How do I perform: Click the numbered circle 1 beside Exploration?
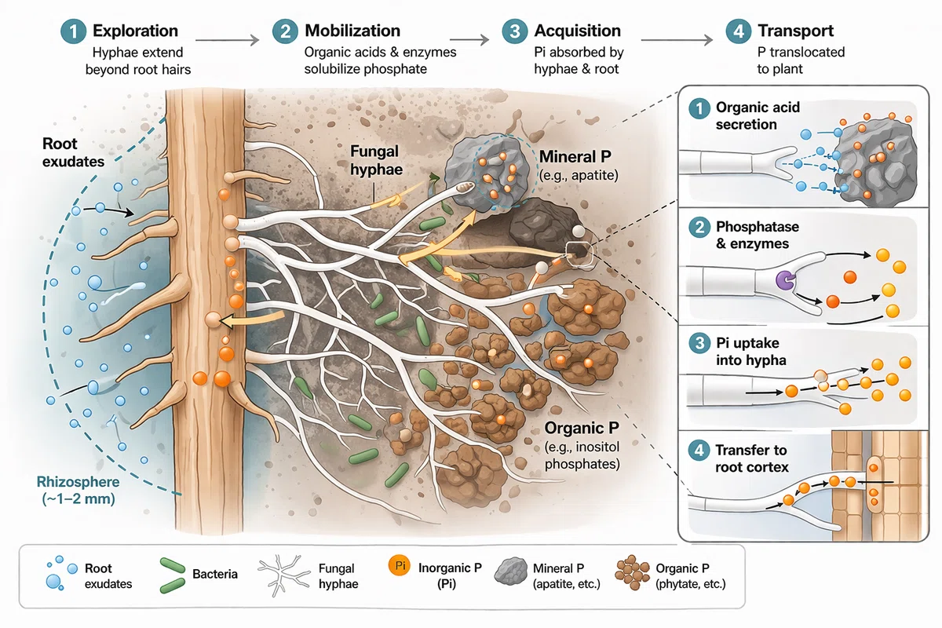(x=74, y=31)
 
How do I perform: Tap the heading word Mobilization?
(x=352, y=31)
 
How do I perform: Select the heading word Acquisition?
(x=578, y=31)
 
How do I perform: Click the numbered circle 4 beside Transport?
(x=739, y=31)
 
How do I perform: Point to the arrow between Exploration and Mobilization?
(x=227, y=40)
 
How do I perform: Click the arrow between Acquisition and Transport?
(x=677, y=40)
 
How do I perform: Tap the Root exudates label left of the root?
(x=73, y=152)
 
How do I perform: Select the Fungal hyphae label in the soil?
(x=376, y=160)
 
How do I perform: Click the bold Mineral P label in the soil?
(x=575, y=156)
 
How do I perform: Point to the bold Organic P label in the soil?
(x=582, y=428)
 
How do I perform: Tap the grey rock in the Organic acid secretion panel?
(x=874, y=162)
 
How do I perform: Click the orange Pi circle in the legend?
(x=399, y=566)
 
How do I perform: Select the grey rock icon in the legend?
(x=510, y=571)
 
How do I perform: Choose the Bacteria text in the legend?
(x=215, y=574)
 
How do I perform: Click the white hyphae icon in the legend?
(x=284, y=575)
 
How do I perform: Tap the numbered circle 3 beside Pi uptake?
(x=699, y=343)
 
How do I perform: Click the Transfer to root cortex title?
(x=751, y=459)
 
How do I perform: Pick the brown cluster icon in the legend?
(x=632, y=572)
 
